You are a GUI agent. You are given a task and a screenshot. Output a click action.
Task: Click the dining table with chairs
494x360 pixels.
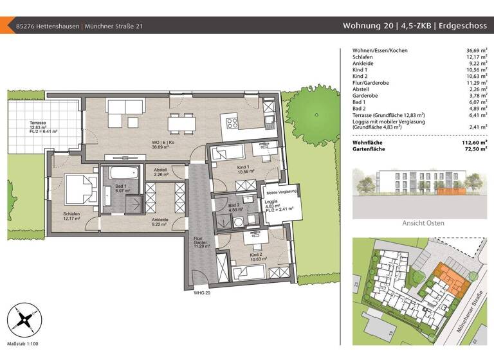pyautogui.click(x=181, y=120)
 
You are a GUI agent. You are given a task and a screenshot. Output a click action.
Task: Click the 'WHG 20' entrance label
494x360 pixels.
pyautogui.click(x=202, y=292)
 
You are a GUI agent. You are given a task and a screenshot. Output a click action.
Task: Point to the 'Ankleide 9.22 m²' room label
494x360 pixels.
pyautogui.click(x=160, y=222)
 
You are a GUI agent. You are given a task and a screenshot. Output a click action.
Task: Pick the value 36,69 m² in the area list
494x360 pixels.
pyautogui.click(x=475, y=50)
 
